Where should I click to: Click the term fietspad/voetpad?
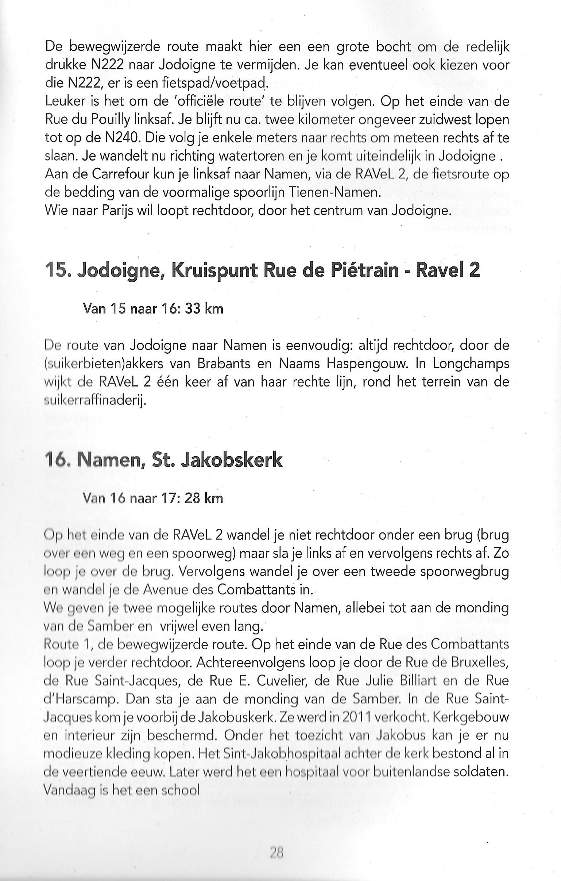point(215,84)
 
